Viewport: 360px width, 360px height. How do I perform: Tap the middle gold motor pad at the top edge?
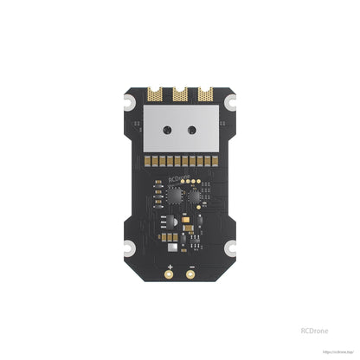click(179, 89)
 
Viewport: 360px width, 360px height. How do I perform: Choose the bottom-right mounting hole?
click(230, 250)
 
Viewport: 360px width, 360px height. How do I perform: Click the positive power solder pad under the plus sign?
click(170, 276)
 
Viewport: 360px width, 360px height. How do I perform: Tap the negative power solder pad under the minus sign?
click(190, 276)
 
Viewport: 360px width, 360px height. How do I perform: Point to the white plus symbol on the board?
click(170, 266)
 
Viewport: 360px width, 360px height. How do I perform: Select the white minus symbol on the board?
click(190, 266)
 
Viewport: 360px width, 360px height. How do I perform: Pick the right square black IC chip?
click(194, 196)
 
